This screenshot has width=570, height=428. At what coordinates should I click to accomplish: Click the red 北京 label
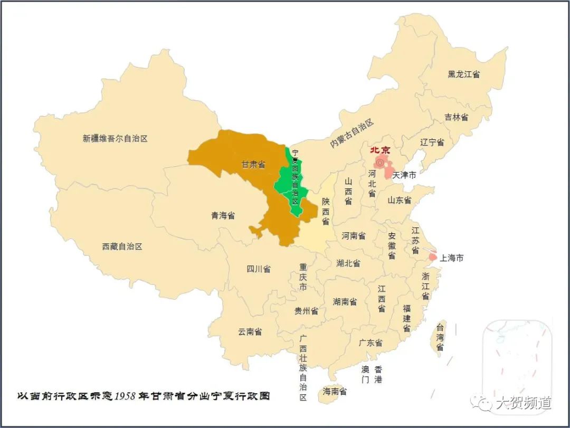(x=379, y=150)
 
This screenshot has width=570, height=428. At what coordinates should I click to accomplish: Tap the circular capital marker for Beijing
(x=379, y=163)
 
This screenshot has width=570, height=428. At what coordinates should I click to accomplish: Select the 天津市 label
(x=404, y=175)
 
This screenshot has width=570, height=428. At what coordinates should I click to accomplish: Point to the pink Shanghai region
(x=433, y=256)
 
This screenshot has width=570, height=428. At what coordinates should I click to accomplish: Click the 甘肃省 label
(x=253, y=164)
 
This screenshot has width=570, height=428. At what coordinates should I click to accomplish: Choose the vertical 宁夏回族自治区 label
(x=295, y=178)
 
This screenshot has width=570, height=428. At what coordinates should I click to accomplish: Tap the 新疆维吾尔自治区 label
(x=115, y=139)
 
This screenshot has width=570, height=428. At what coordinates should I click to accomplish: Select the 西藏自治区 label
(x=122, y=246)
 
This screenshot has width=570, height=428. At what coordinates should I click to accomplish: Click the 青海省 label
(x=223, y=215)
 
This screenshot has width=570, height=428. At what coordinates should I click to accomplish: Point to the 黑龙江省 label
(x=463, y=74)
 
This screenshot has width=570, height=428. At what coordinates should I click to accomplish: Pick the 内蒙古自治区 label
(x=351, y=134)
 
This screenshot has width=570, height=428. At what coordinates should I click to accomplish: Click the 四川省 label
(x=258, y=269)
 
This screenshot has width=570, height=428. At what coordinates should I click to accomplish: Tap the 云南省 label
(x=250, y=332)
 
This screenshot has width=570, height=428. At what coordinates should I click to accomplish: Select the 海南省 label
(x=335, y=391)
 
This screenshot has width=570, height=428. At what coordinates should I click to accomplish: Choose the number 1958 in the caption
(x=126, y=396)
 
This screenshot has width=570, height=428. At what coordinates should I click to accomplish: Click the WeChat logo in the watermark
(x=481, y=404)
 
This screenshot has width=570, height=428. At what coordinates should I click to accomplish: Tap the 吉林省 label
(x=456, y=117)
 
